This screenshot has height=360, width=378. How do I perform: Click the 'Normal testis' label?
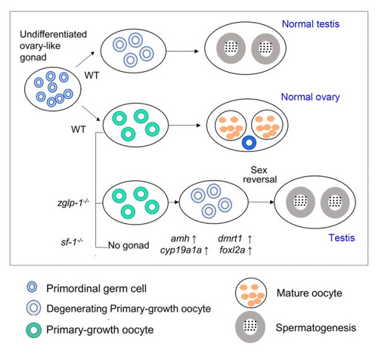(311, 24)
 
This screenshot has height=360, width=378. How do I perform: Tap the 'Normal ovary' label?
(310, 97)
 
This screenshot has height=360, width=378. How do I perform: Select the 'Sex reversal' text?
(259, 175)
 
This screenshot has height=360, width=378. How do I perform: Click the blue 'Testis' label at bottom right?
(342, 237)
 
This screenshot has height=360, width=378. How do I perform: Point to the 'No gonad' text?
(129, 245)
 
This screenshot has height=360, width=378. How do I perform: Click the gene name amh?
(180, 238)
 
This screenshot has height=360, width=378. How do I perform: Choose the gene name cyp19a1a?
(181, 250)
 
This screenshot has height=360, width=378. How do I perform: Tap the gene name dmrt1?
(230, 238)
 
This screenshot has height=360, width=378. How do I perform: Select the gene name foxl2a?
(232, 250)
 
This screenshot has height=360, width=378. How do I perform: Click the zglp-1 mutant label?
(73, 203)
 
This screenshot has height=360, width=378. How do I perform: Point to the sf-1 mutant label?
(72, 242)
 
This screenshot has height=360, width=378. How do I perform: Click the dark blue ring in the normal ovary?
(249, 142)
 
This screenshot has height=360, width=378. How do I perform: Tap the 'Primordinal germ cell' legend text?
(96, 288)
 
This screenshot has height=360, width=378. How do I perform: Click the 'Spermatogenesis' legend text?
(316, 327)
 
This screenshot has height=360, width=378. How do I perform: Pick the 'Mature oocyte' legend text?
(309, 293)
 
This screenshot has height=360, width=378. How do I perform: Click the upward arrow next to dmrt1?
(249, 238)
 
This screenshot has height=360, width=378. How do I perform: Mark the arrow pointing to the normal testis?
(182, 51)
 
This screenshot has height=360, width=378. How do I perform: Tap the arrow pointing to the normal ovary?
(184, 126)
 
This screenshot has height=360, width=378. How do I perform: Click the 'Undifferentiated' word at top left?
(53, 34)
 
